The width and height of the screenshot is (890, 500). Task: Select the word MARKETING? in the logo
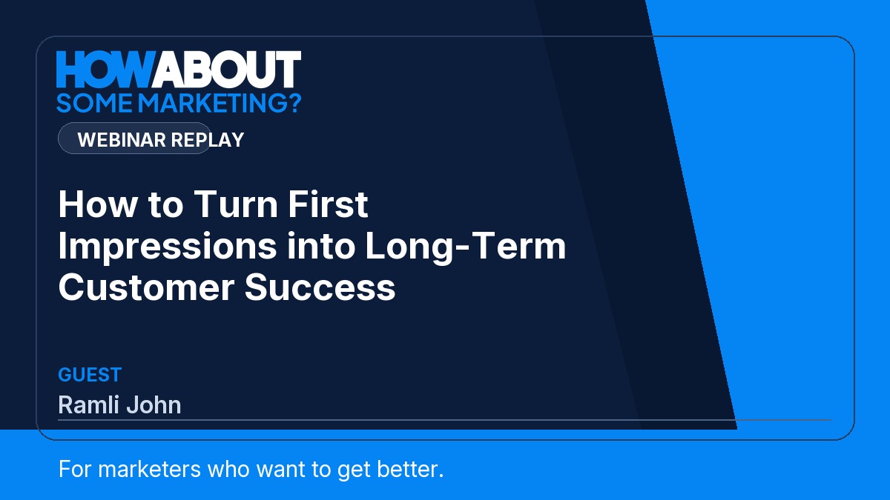220,103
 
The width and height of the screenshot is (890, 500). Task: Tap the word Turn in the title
236,204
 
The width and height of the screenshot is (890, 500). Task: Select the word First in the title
328,204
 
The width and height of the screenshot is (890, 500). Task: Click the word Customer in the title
146,287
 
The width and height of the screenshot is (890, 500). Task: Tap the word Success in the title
320,287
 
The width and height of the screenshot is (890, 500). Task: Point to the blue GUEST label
90,375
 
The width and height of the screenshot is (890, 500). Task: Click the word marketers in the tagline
149,469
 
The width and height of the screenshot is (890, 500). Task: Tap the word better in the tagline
409,469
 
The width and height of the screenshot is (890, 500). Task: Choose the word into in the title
321,246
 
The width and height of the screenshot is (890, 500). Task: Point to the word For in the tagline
75,469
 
